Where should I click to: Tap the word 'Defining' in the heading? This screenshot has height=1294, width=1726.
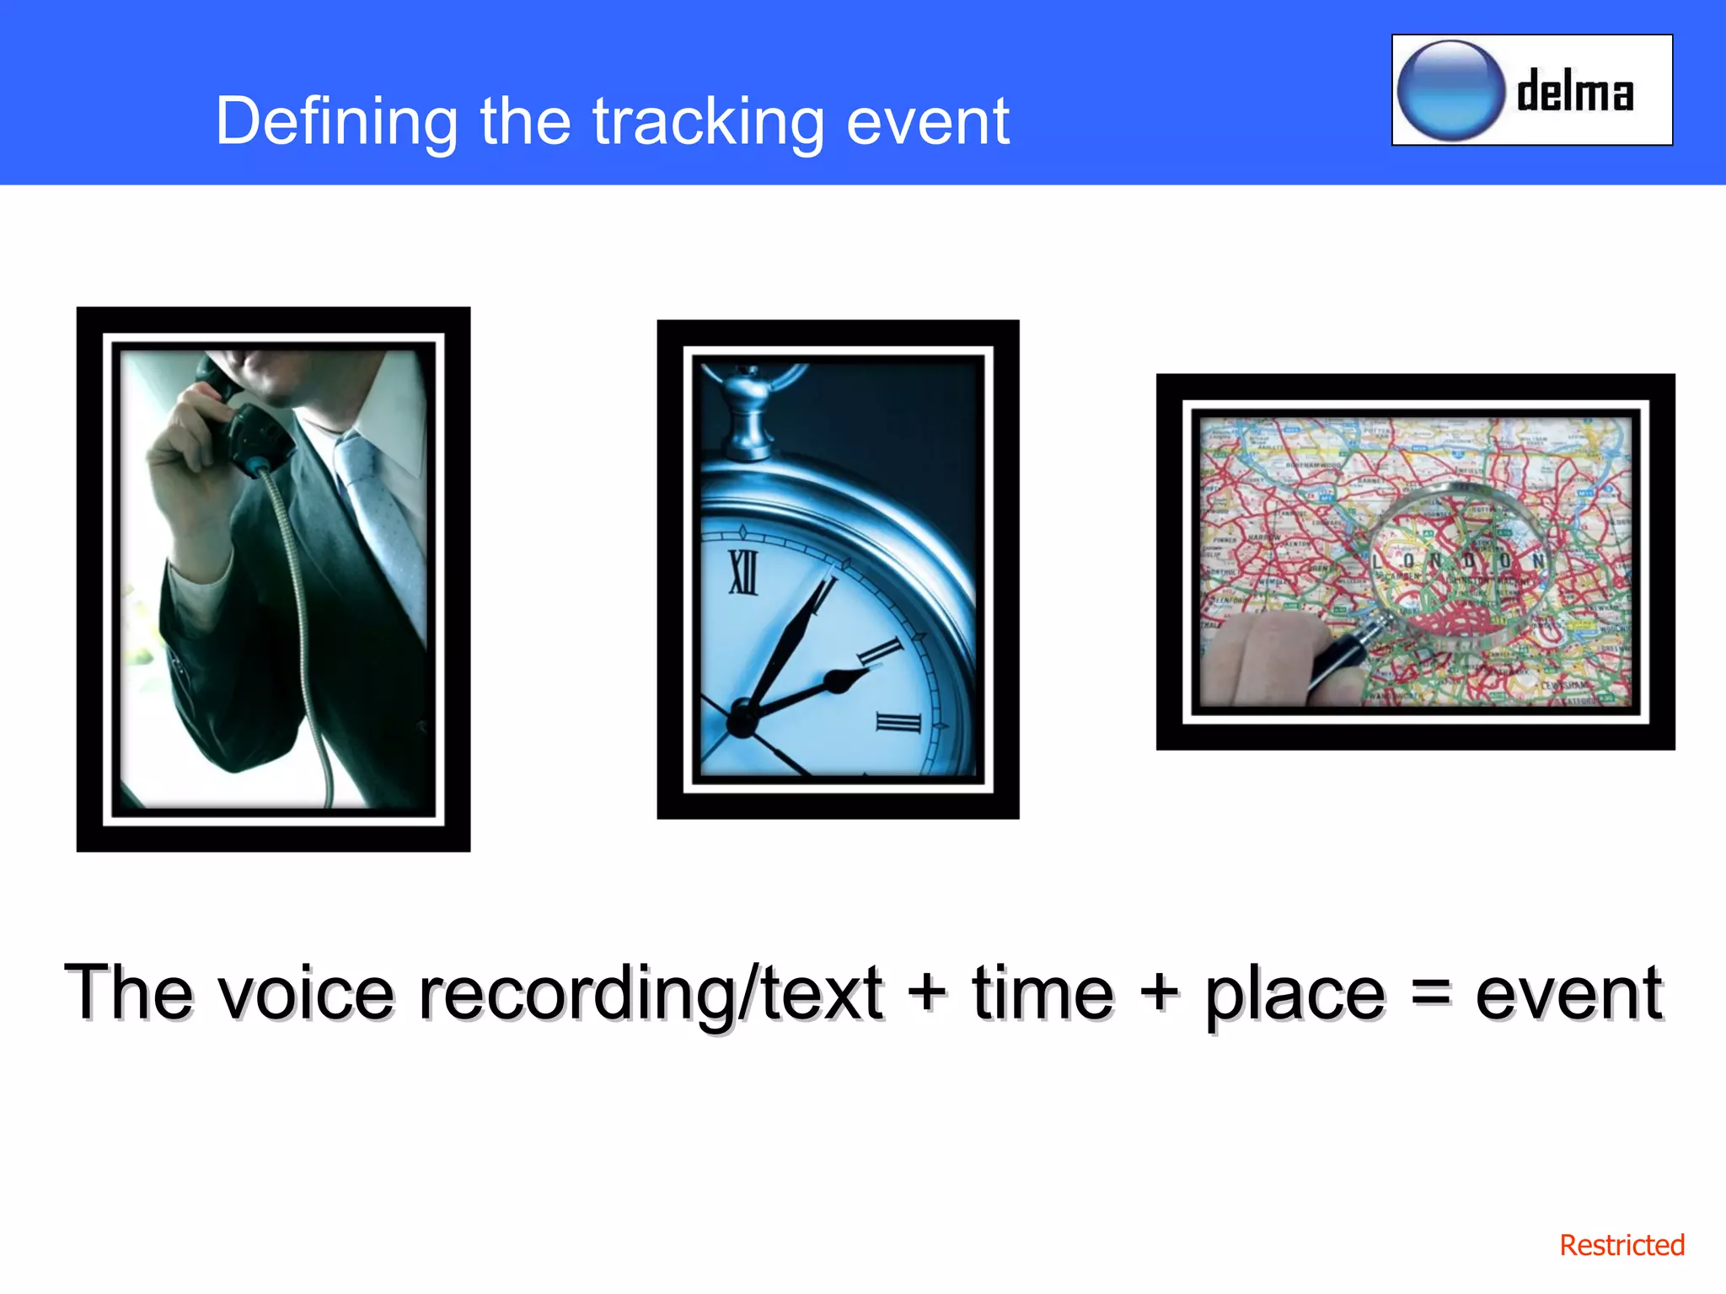[336, 122]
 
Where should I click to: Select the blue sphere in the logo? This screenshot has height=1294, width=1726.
[1450, 90]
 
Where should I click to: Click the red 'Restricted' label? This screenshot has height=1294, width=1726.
[1621, 1245]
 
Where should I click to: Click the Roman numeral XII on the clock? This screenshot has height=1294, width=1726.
[743, 573]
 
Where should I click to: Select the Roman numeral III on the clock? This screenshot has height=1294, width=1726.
[898, 723]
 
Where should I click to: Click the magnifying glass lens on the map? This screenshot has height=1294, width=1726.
[1458, 564]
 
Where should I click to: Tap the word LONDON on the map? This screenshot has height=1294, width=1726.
[1458, 561]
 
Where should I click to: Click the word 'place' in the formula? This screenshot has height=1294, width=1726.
[1294, 994]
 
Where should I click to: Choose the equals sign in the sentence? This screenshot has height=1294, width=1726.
[1430, 992]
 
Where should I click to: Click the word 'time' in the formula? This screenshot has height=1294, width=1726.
[1043, 994]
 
